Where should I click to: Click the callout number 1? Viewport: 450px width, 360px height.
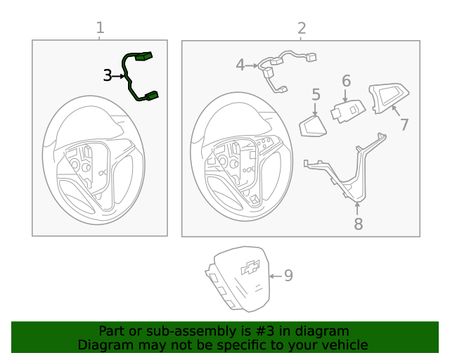[x=100, y=28]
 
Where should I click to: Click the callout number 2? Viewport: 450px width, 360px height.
[x=302, y=28]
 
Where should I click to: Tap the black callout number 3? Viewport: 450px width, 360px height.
[x=108, y=75]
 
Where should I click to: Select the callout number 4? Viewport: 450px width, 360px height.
[x=240, y=65]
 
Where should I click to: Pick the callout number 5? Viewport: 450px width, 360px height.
[x=316, y=94]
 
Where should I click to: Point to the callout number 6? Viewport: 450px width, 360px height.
[x=346, y=81]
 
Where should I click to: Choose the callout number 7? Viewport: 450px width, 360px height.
[x=404, y=125]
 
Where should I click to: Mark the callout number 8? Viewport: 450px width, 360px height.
[x=358, y=224]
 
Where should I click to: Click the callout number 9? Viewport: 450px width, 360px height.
[x=288, y=276]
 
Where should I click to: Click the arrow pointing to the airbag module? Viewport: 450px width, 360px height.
[x=273, y=276]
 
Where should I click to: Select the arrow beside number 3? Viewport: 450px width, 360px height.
[x=118, y=75]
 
